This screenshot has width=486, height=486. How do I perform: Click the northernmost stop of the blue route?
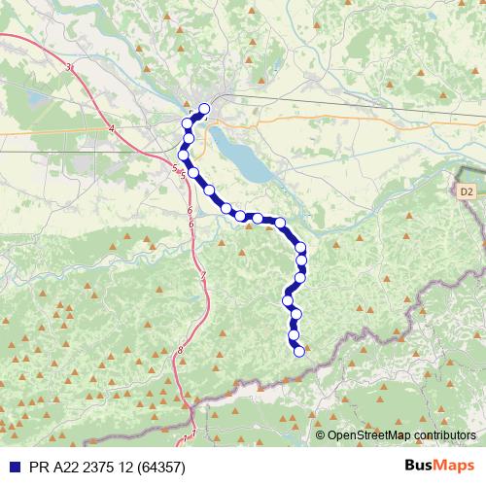pos(204,109)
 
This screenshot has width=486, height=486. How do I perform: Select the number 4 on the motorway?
pos(112,128)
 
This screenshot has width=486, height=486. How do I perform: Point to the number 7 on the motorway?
pos(203,277)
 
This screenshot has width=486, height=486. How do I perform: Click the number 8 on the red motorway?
pos(181,350)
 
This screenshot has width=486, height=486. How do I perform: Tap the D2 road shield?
pos(467,191)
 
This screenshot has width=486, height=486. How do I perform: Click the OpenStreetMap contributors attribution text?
pos(401,435)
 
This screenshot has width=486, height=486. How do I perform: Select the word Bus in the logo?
pos(419,466)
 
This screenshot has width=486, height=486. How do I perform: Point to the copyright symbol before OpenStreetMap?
pos(321,435)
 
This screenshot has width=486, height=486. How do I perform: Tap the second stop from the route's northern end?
pos(188,123)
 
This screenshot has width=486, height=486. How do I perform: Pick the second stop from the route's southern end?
pos(295,335)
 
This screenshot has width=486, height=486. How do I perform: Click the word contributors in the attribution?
pos(444,435)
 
